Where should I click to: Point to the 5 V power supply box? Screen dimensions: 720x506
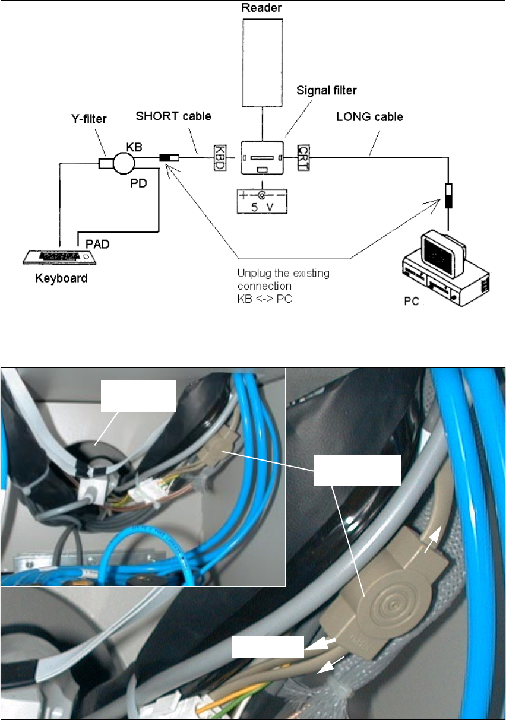click(x=262, y=200)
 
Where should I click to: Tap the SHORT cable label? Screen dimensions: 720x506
click(x=173, y=116)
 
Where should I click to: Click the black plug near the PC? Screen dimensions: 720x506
click(x=448, y=196)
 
